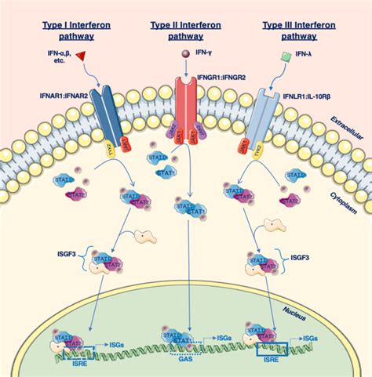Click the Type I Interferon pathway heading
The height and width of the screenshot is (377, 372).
click(x=78, y=29)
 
